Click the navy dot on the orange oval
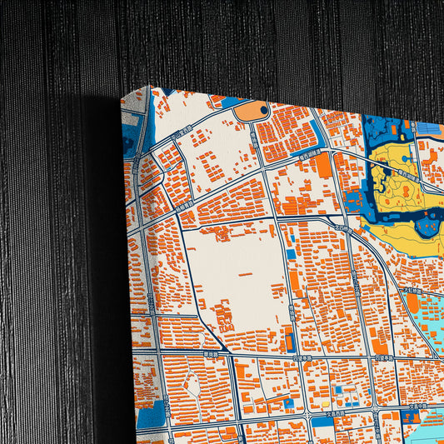point(264,108)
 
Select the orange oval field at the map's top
point(251,111)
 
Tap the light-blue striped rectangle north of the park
point(429,129)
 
